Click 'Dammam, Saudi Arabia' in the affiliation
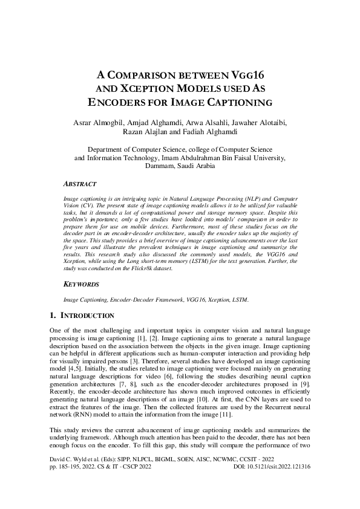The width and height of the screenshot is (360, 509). pos(180,166)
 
